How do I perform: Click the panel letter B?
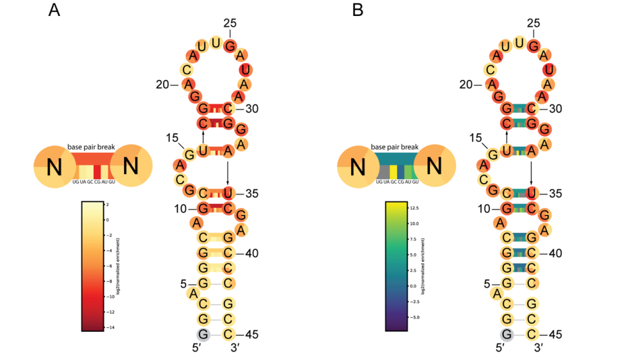click(x=358, y=11)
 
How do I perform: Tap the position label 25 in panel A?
click(x=230, y=24)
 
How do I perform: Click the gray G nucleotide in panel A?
click(x=203, y=333)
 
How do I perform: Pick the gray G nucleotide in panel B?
click(x=506, y=333)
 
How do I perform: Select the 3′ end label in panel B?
click(x=539, y=348)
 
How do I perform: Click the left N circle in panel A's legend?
click(x=55, y=168)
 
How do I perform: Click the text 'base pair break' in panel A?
click(x=92, y=147)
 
